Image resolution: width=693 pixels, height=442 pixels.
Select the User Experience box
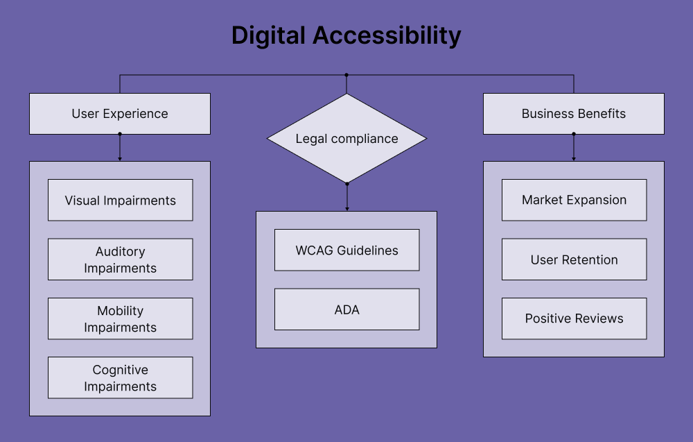[120, 114]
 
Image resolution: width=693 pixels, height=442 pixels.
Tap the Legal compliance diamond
[346, 139]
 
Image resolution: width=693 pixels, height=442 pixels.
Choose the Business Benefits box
[573, 114]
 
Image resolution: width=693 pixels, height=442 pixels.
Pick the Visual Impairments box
[120, 201]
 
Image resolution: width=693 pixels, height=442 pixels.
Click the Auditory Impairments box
[120, 260]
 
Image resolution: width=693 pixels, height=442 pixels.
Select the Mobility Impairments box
[120, 318]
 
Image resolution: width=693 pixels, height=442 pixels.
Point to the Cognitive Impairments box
[120, 377]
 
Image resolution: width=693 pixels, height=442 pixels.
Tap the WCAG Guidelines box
[346, 250]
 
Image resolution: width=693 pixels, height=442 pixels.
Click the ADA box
[346, 309]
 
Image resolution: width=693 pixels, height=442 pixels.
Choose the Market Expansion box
[574, 200]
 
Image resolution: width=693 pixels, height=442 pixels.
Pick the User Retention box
[574, 260]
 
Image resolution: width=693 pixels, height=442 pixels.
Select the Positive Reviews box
[574, 318]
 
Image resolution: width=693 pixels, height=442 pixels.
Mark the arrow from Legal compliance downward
[346, 198]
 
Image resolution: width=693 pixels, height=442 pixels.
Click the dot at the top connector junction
[346, 74]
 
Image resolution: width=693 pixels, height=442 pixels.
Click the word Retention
[590, 260]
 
